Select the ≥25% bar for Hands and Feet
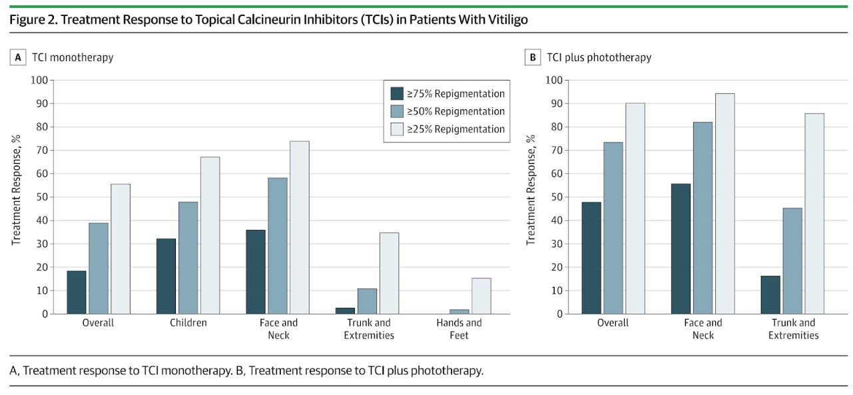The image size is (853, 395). click(481, 296)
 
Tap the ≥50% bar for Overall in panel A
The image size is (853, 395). click(99, 268)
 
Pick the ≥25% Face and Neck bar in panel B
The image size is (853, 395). click(724, 203)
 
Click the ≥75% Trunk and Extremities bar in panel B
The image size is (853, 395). click(770, 294)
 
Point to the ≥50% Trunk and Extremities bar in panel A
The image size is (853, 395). click(367, 301)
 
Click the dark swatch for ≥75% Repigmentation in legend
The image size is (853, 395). click(397, 93)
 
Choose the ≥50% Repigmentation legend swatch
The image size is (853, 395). click(397, 111)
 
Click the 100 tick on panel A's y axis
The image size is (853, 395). click(39, 80)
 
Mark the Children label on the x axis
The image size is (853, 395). click(188, 323)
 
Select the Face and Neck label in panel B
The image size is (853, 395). click(703, 329)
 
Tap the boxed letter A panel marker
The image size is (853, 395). click(19, 57)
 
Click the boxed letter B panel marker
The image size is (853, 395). click(533, 57)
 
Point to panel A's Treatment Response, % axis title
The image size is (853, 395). click(17, 190)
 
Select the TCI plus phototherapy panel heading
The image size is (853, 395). click(599, 57)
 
